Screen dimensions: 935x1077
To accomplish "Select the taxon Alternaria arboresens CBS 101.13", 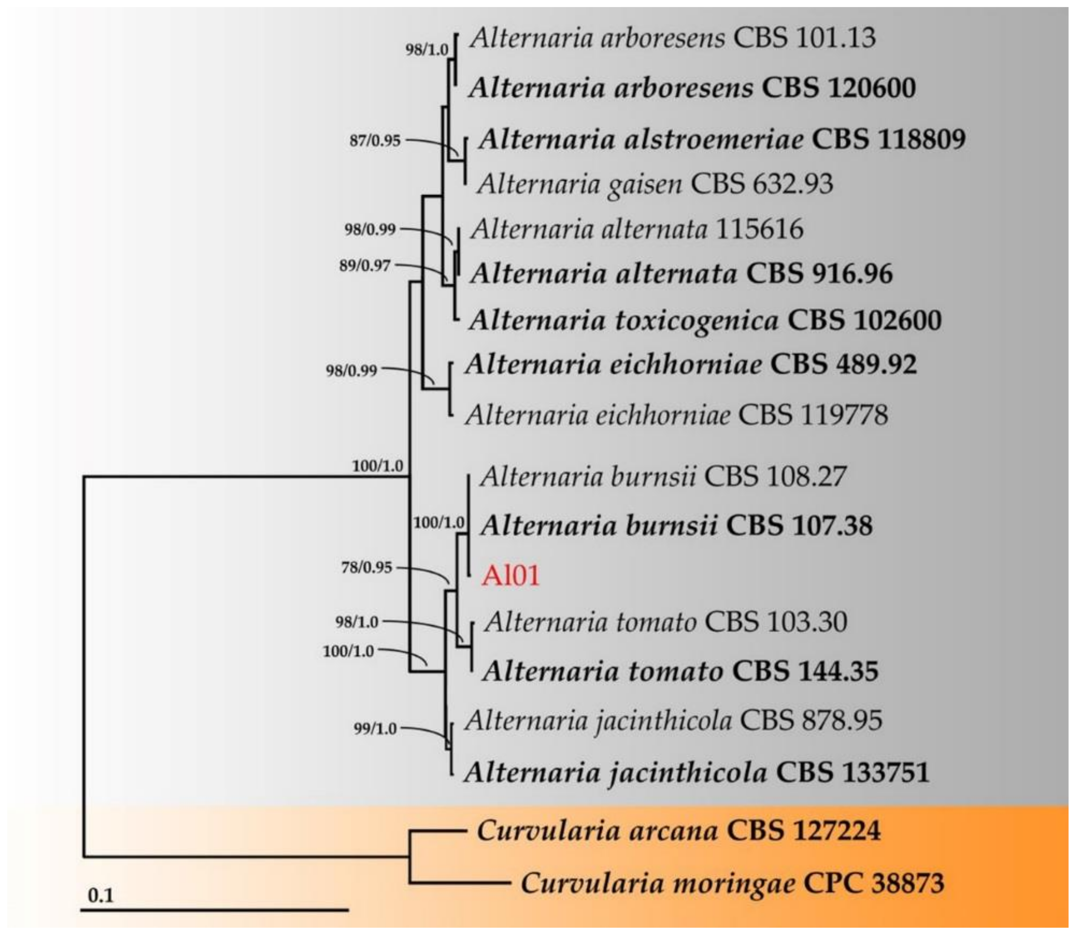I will pos(672,38).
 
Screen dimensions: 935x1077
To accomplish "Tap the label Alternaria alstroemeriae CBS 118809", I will pos(722,139).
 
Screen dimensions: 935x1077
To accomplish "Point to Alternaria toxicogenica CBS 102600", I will pos(705,320).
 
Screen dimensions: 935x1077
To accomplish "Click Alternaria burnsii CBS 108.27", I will pos(663,476).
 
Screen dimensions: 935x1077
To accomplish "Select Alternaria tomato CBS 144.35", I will pos(680,671).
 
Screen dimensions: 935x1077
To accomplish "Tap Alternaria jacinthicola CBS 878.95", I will pos(673,721).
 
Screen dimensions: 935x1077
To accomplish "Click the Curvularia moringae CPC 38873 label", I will pos(732,883).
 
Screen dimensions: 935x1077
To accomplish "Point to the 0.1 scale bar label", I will pos(100,895).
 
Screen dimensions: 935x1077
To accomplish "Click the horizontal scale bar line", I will pos(214,910).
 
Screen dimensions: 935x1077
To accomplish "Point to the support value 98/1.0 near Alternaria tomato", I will pos(356,622).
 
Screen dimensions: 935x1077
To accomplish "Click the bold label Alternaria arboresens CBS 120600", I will pos(692,88).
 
